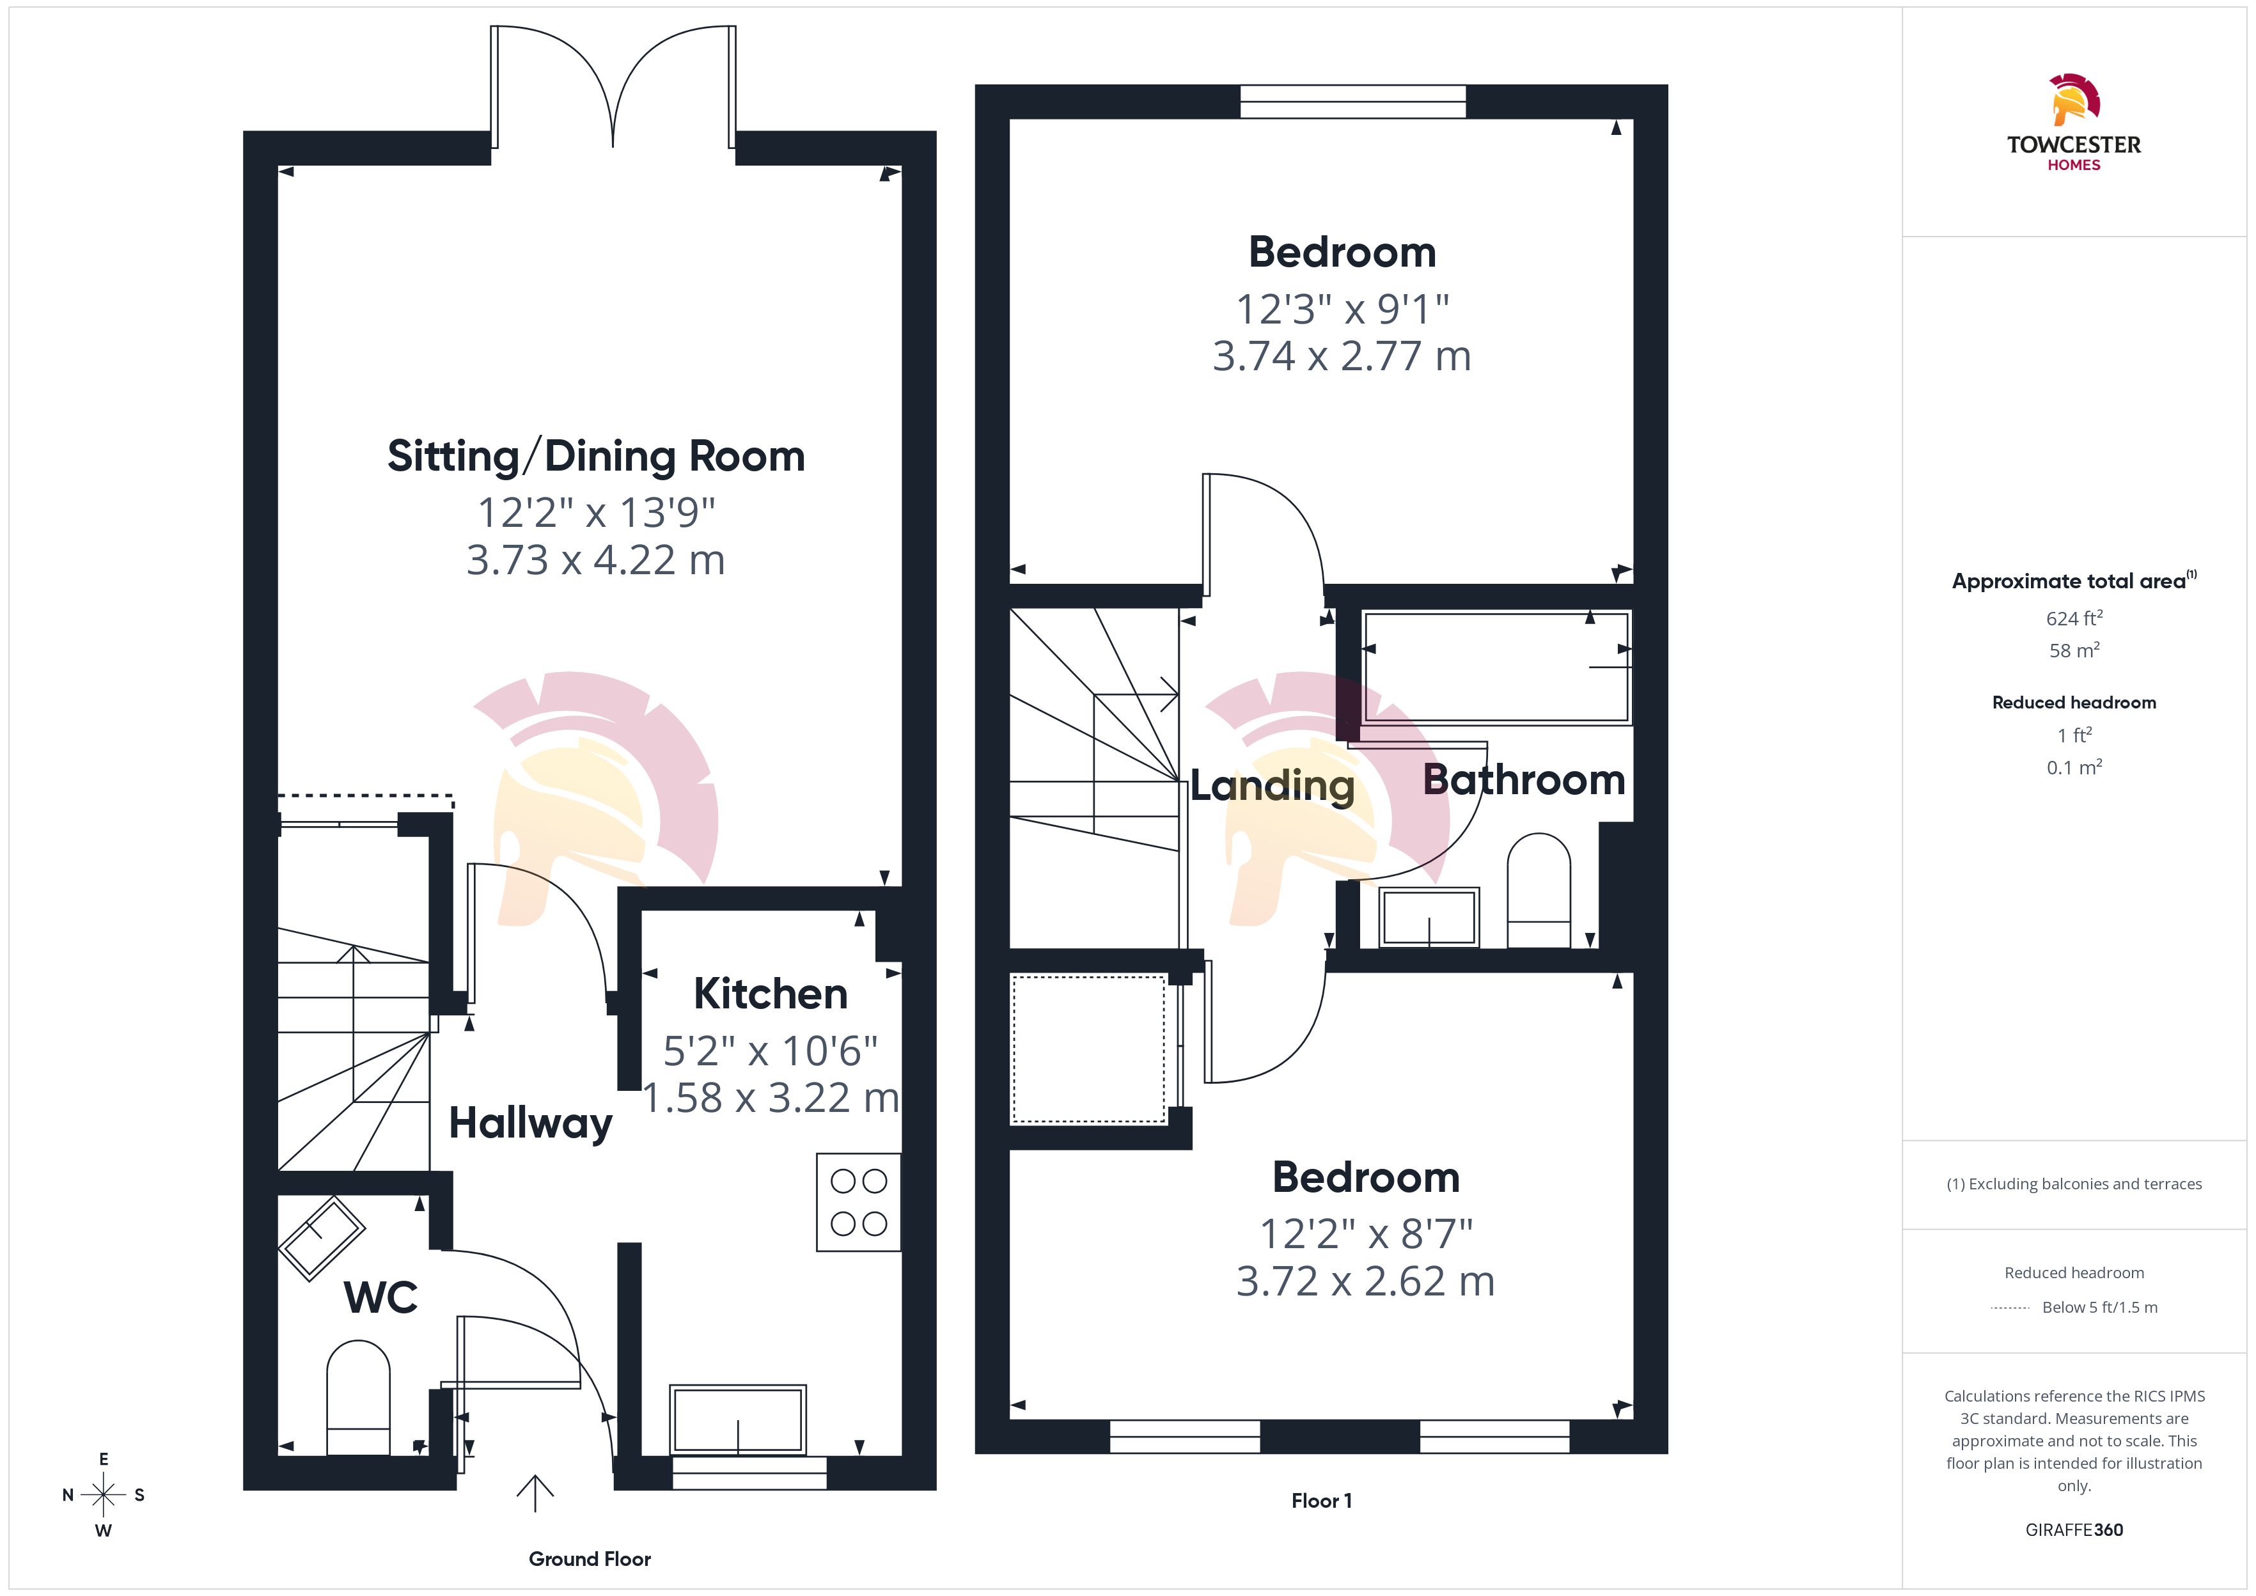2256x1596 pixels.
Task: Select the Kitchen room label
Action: (x=771, y=994)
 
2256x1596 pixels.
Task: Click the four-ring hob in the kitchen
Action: (x=859, y=1202)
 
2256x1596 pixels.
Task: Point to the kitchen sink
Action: (x=738, y=1420)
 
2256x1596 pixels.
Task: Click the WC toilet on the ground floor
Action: (x=359, y=1398)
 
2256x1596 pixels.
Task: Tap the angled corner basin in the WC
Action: (x=322, y=1239)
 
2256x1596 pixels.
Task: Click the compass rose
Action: (x=103, y=1495)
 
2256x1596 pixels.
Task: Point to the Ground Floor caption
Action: (x=590, y=1559)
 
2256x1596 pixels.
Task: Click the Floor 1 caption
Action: (x=1322, y=1501)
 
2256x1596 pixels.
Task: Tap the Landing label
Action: (x=1273, y=785)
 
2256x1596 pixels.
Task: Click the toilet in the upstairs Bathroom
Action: (x=1539, y=890)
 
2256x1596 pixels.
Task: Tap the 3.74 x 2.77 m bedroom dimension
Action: (x=1342, y=356)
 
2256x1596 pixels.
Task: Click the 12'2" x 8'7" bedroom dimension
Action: (x=1366, y=1233)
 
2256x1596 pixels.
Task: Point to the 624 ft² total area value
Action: (x=2074, y=618)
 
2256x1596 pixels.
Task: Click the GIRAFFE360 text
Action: (x=2074, y=1530)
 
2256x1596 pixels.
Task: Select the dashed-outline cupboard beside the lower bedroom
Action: (x=1089, y=1049)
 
